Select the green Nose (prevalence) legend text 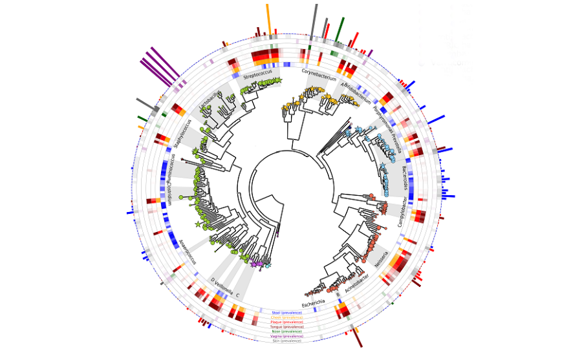(x=286, y=332)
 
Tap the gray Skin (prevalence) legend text (x=286, y=341)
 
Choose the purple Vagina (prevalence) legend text (x=286, y=336)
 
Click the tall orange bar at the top (x=268, y=16)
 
